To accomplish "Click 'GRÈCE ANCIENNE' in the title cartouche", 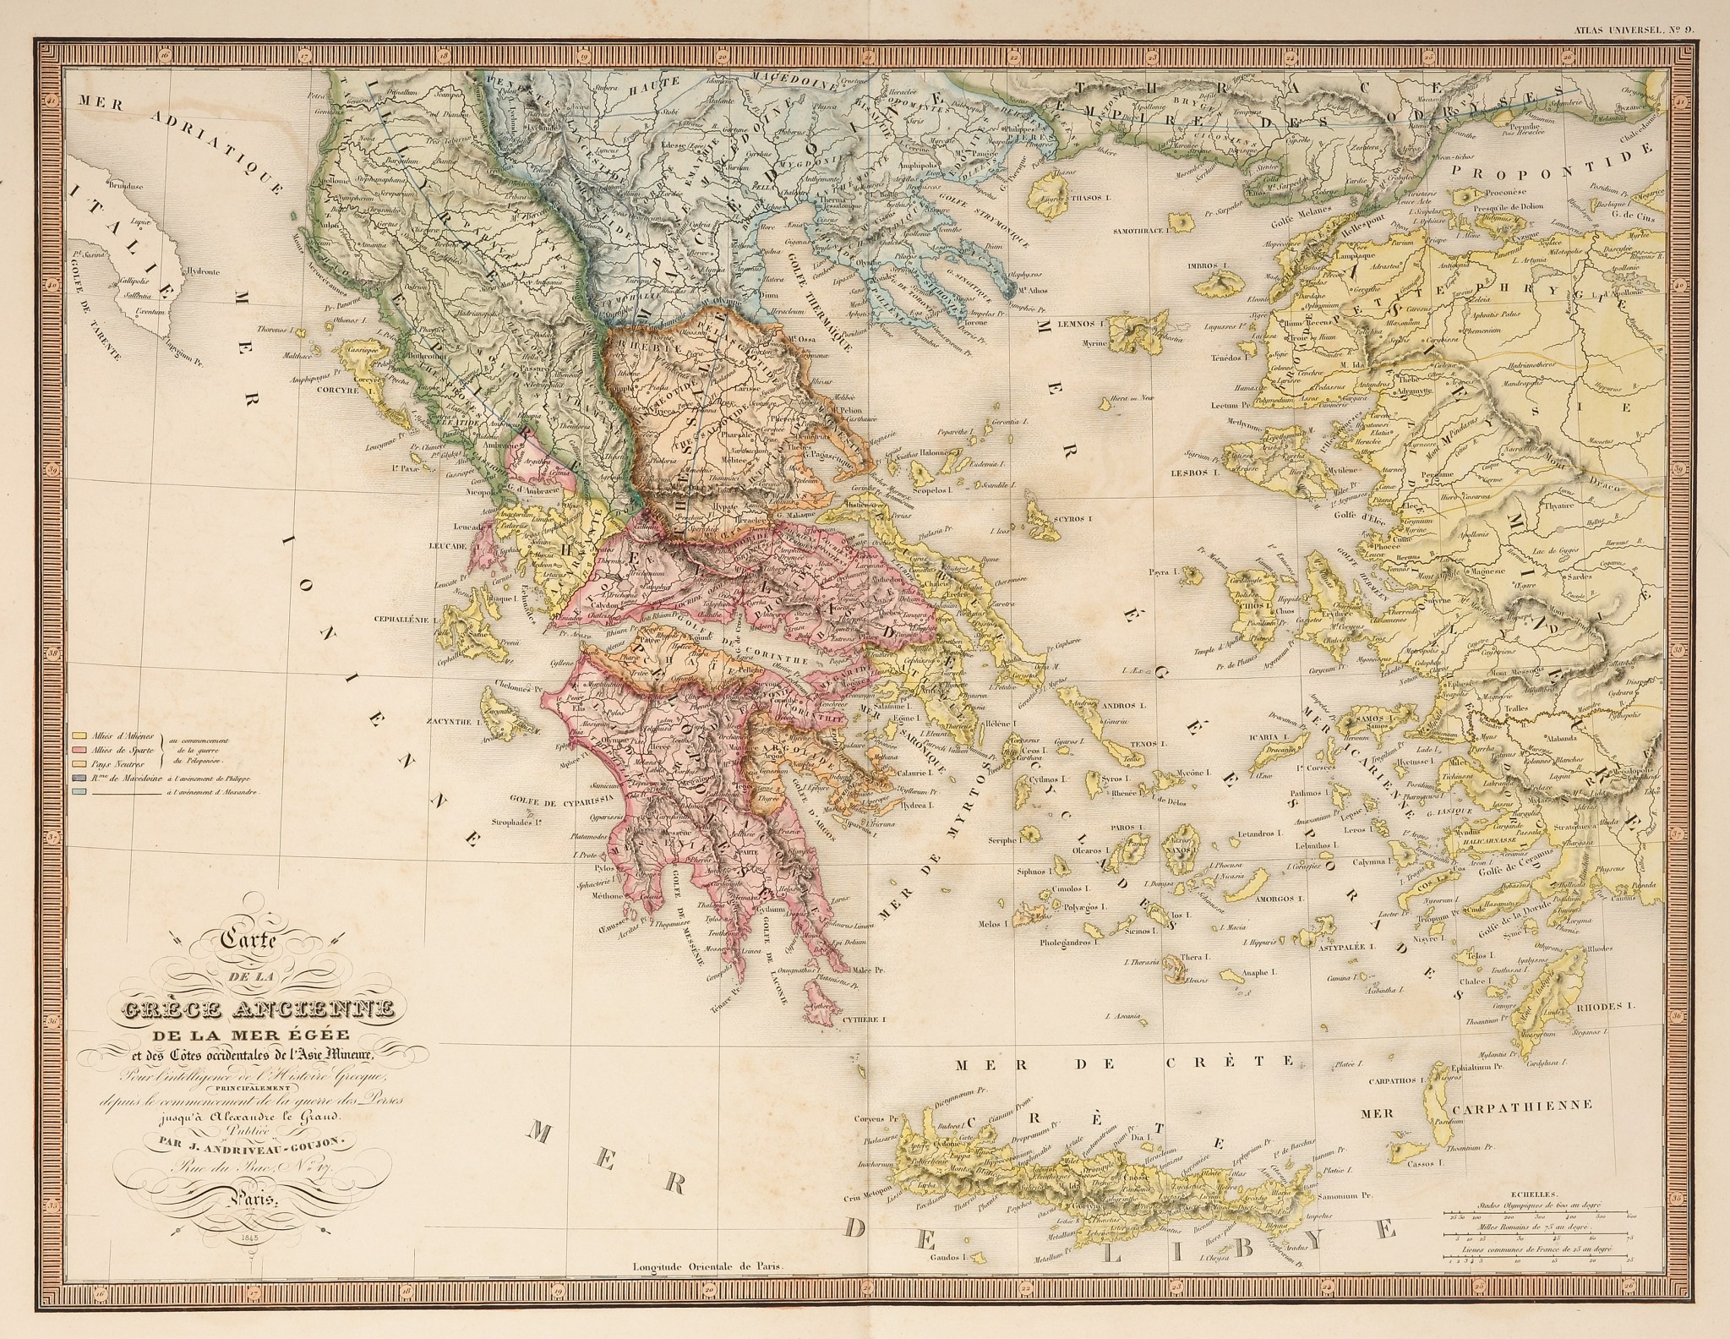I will click(x=254, y=1008).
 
